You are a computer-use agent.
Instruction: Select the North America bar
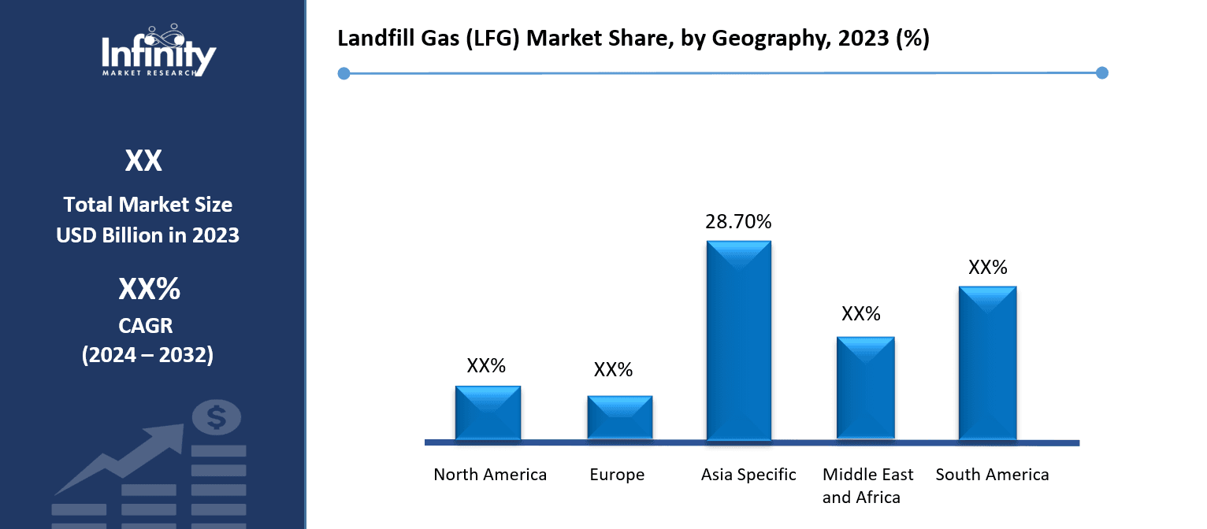488,412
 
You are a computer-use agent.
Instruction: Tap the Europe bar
619,417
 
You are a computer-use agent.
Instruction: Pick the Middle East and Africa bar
865,387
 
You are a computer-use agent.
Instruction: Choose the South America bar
987,362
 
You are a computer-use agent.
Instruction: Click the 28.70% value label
738,222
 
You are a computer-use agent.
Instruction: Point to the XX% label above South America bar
987,268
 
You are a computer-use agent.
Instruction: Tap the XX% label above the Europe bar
613,370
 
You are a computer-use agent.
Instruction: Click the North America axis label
490,475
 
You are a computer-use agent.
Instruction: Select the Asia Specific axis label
748,475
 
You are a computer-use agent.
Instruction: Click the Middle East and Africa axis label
867,486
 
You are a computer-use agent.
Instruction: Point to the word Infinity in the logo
158,55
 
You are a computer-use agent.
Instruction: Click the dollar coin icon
217,417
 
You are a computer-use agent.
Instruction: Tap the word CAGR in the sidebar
148,324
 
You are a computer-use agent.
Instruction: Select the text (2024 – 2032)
148,355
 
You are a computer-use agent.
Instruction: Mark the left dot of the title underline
344,73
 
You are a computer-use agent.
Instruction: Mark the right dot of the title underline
1102,72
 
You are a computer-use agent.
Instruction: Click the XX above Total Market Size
143,161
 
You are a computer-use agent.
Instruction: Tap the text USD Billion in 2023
148,235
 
